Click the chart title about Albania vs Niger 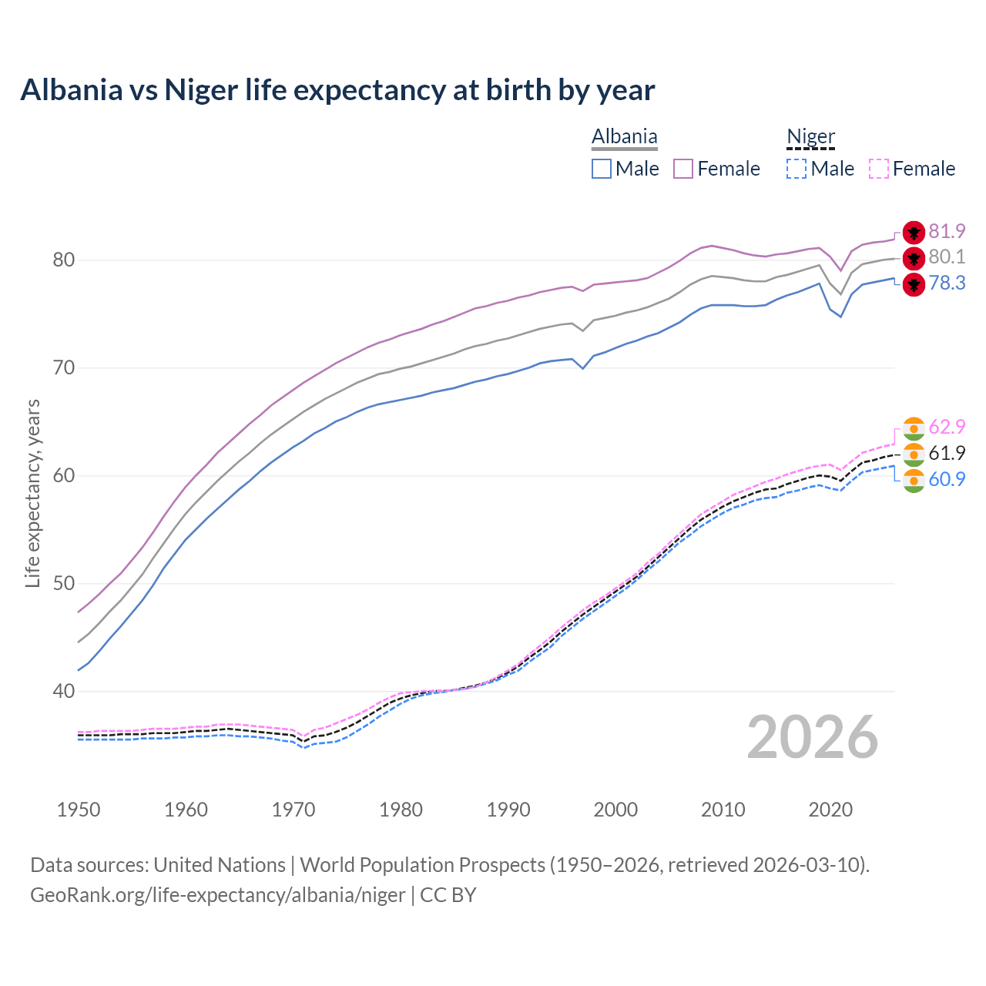click(337, 90)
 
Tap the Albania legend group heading click(624, 136)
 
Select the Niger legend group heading click(810, 136)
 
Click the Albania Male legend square click(602, 169)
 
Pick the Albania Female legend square click(683, 169)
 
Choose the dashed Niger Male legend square click(797, 169)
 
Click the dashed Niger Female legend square click(878, 169)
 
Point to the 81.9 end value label click(947, 231)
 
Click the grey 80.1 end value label click(947, 257)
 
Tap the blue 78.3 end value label click(947, 283)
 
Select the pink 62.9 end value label click(947, 427)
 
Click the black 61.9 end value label click(947, 453)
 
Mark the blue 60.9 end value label click(947, 479)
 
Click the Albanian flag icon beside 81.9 click(914, 233)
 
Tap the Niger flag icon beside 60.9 click(914, 481)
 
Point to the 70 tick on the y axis click(64, 368)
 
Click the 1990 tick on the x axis click(508, 810)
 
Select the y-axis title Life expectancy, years click(33, 493)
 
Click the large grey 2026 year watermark click(813, 737)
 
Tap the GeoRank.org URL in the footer click(218, 895)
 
